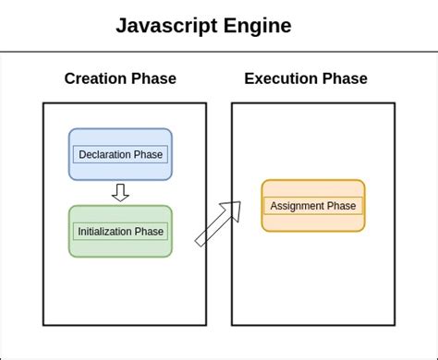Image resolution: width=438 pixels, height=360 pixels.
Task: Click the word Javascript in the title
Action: click(164, 26)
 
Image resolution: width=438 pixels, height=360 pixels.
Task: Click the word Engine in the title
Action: click(256, 26)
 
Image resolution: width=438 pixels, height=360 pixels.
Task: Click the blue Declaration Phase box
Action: click(120, 154)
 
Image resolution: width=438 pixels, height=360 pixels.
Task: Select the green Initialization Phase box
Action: click(120, 232)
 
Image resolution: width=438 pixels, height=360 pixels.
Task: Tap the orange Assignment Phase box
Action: click(313, 206)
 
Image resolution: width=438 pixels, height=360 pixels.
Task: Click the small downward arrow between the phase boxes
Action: click(120, 192)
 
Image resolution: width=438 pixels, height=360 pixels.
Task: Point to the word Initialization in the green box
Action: click(108, 232)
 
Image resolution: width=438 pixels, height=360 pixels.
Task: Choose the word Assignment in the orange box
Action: click(298, 206)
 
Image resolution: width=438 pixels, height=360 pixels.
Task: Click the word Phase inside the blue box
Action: click(149, 154)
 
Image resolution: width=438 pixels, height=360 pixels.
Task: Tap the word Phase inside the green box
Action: click(152, 232)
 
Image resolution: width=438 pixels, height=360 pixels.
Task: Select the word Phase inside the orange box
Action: click(342, 206)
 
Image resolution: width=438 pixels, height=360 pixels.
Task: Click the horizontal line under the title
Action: click(219, 52)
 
